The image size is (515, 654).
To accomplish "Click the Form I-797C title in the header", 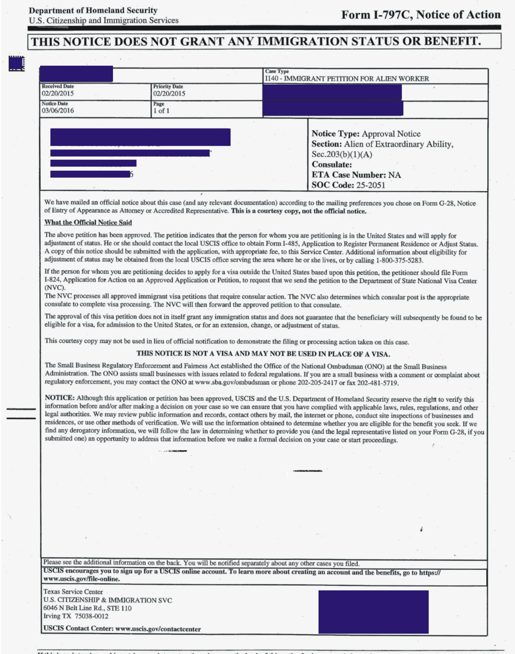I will coord(421,15).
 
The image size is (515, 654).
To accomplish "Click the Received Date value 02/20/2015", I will coord(58,94).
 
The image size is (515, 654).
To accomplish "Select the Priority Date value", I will coord(169,94).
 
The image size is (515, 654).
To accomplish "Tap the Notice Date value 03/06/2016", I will coord(58,111).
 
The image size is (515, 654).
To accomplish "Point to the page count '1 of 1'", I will coord(161,111).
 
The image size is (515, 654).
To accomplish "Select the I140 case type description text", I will coord(347,79).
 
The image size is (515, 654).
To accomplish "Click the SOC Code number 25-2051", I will coord(371,185).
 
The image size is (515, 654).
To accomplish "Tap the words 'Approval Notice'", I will coord(391,134).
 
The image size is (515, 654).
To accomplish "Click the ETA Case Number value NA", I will coord(394,175).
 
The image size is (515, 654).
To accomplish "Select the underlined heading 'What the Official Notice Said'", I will coord(88,223).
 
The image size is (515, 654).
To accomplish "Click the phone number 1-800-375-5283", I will coord(399,260).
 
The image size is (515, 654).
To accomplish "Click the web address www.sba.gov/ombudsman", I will coord(232,382).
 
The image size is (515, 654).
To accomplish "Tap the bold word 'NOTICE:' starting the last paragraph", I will coord(59,398).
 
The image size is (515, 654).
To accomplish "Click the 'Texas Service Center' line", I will coord(73,592).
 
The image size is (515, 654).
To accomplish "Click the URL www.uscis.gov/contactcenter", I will coord(158,629).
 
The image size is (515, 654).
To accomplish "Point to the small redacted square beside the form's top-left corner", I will coord(16,64).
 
